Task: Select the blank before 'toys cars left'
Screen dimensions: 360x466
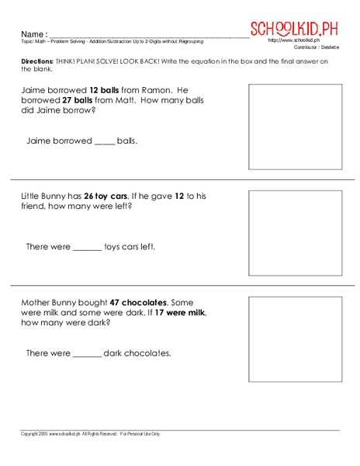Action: tap(87, 248)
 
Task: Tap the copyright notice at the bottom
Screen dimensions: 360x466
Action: tap(90, 433)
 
